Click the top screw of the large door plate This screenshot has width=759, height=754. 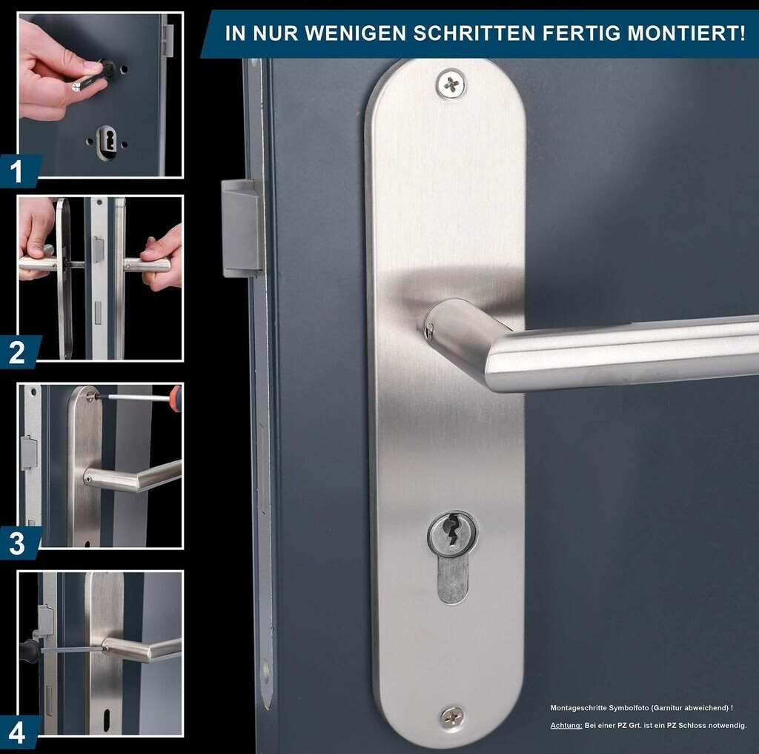coord(451,85)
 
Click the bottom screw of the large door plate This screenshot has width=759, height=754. coord(452,716)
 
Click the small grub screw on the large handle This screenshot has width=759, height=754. coord(429,331)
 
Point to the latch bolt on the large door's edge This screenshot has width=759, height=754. coord(241,228)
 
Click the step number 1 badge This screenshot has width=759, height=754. coord(19,171)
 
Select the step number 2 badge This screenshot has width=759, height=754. coord(19,352)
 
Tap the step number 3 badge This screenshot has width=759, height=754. coord(19,543)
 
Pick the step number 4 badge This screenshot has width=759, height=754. coord(19,732)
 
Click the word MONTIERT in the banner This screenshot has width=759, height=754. coord(686,33)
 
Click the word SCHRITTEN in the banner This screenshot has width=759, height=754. coord(474,33)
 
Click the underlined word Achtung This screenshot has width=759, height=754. coord(566,725)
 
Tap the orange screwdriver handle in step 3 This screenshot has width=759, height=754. coord(175,398)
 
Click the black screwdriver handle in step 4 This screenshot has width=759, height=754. coord(30,647)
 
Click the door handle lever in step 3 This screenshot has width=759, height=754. coord(133,476)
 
